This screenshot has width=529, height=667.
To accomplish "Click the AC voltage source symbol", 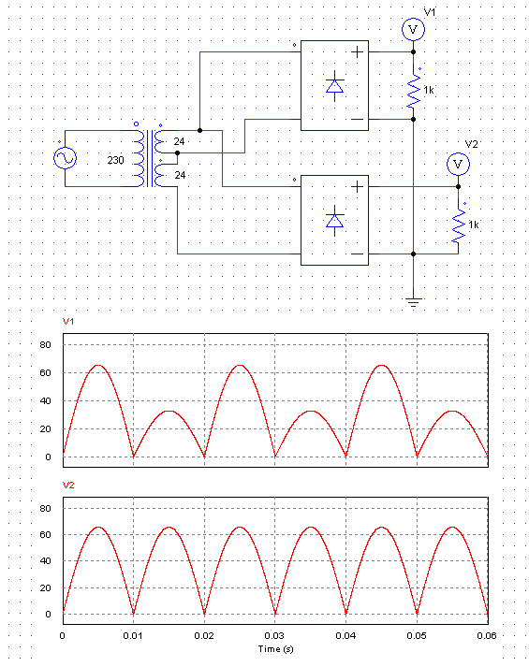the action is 66,158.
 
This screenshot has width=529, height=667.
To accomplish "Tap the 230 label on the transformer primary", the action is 115,160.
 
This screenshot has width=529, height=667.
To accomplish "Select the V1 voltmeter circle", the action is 413,29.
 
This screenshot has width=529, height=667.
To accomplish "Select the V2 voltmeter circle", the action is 458,165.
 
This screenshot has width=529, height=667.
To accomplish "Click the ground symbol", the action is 413,302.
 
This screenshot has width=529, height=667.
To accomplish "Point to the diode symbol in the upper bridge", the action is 334,86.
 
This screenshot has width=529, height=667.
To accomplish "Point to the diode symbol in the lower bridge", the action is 334,221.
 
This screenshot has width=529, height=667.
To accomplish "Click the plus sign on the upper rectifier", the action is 357,51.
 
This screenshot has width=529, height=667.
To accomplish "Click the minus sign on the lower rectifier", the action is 357,254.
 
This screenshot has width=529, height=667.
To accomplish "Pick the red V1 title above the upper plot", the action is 68,322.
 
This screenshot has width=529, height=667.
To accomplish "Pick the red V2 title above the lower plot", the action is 68,486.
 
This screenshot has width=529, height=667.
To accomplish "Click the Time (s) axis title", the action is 276,649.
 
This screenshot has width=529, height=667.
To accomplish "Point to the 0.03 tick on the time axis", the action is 274,635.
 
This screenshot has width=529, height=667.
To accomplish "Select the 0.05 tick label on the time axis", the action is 417,635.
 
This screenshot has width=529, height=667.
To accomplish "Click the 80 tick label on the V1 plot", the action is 45,345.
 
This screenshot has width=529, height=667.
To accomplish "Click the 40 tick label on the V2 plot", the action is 45,561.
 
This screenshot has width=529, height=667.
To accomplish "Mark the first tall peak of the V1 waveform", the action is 98,366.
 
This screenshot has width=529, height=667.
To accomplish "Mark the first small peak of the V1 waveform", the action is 169,412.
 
